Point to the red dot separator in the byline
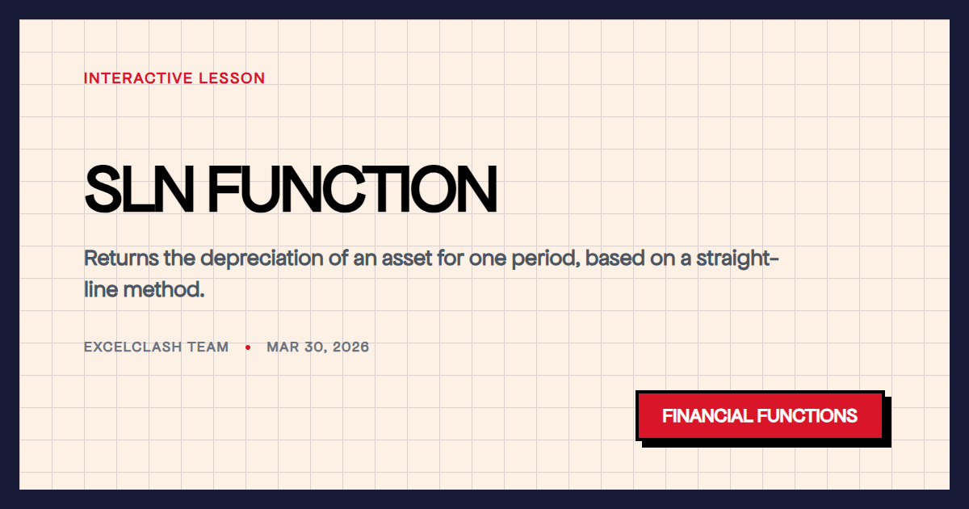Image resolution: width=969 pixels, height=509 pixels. click(248, 347)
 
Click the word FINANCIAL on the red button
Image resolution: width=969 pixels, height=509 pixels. click(707, 416)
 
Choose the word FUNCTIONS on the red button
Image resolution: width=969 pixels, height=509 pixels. click(807, 416)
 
